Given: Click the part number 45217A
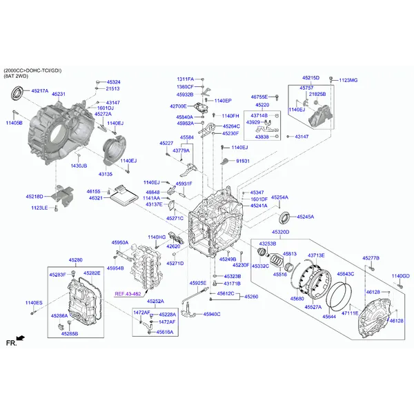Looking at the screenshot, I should (x=39, y=91).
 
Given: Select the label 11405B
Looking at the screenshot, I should (x=14, y=122).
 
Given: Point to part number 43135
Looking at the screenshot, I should (x=106, y=174).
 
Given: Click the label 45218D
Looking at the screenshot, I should (x=34, y=197).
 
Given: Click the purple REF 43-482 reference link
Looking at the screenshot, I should (x=128, y=293).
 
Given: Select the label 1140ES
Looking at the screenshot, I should (x=34, y=303).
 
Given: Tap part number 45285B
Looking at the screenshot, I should (x=69, y=333).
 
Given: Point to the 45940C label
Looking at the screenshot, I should (x=211, y=314).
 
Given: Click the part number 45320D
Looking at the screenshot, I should (x=280, y=233).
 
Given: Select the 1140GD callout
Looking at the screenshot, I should (x=401, y=276).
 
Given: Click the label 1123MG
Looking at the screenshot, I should (x=348, y=80).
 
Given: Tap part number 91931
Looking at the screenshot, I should (x=243, y=161).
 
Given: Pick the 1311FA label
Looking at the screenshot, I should (x=185, y=79).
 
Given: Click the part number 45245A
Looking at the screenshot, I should (x=305, y=217).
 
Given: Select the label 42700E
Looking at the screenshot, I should (x=178, y=106).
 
